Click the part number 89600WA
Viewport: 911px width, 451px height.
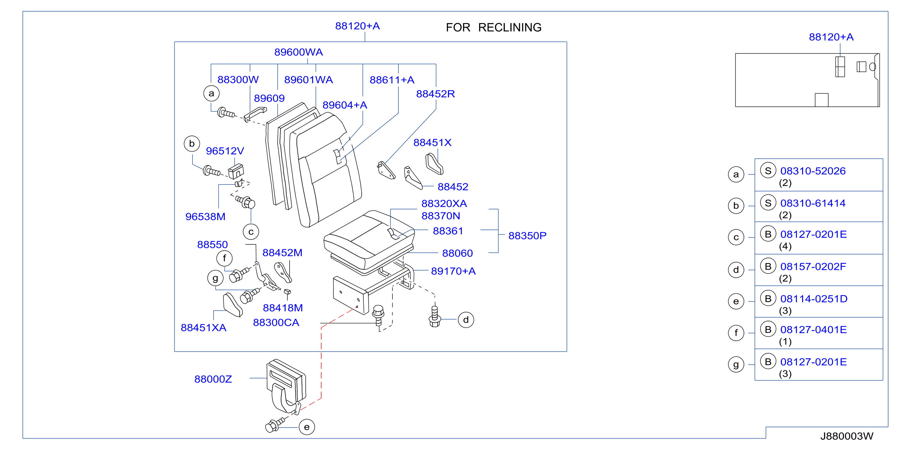(298, 52)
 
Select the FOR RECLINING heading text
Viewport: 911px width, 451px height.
(493, 28)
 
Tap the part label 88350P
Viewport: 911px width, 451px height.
(527, 236)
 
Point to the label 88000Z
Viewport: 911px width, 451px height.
(213, 379)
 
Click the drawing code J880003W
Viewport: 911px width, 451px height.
(847, 436)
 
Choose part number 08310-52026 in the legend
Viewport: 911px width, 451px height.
(813, 171)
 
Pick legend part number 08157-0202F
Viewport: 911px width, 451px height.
(813, 267)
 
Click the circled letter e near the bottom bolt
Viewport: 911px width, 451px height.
(307, 427)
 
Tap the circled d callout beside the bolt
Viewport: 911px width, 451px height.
(466, 320)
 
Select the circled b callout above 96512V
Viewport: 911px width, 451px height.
(192, 143)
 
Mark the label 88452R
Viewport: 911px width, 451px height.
(435, 94)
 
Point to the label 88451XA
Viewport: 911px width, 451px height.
(203, 328)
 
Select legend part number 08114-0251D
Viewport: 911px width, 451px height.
(814, 299)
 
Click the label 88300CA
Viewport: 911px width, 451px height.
(276, 322)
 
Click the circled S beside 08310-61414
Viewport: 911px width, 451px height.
(768, 203)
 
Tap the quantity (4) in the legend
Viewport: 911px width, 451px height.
(785, 246)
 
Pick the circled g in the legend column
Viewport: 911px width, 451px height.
(736, 364)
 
